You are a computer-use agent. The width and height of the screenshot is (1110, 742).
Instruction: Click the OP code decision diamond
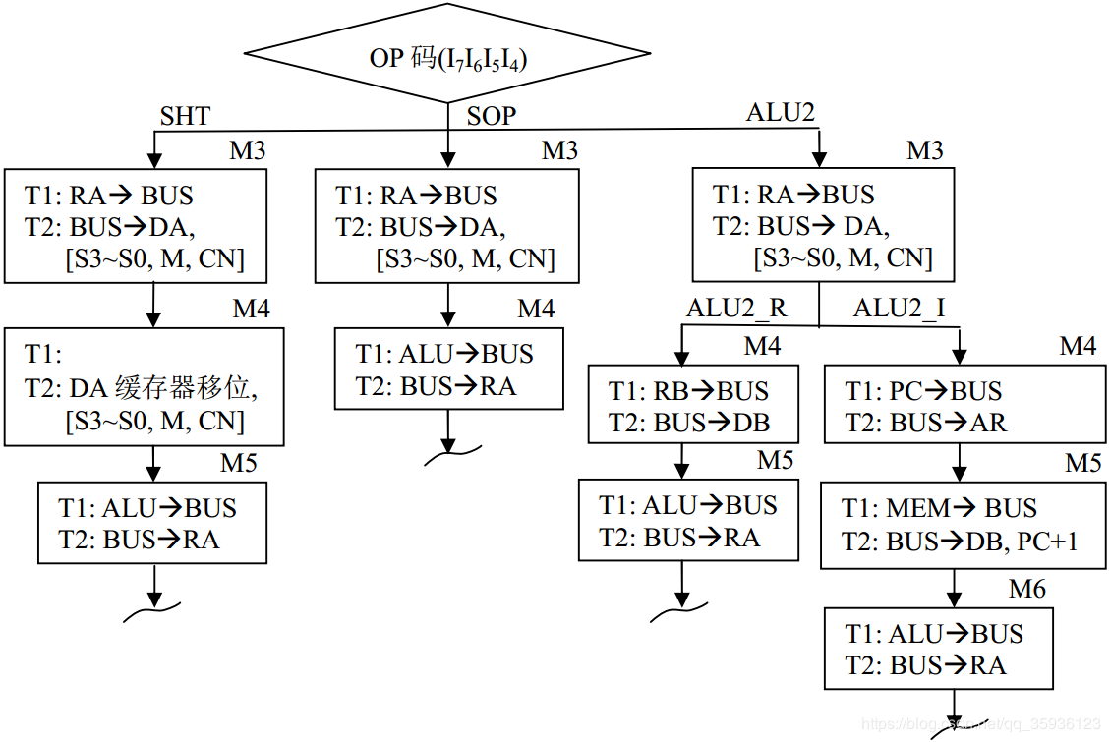pos(448,58)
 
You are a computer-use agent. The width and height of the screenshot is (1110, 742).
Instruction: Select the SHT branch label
pos(185,116)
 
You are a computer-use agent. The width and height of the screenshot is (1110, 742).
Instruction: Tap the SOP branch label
pos(491,116)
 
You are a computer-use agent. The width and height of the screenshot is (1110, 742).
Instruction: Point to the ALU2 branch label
pos(781,112)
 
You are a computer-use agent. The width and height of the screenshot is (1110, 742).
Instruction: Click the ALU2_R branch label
pos(736,308)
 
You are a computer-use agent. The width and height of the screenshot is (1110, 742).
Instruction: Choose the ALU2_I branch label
pos(900,308)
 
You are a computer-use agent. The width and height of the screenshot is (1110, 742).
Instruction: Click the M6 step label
pos(1027,589)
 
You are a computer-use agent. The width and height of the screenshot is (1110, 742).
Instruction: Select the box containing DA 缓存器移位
pos(145,386)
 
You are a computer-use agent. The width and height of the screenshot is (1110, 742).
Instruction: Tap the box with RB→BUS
pos(692,407)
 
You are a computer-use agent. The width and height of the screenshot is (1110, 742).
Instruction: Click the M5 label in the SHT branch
pos(238,462)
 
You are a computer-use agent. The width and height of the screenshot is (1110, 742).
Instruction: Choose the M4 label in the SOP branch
pos(537,309)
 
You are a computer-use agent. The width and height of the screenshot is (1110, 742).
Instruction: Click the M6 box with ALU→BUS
pos(938,649)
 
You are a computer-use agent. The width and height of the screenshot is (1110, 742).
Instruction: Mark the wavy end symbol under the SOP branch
pos(449,451)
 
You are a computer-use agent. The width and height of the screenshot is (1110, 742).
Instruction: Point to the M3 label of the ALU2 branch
pos(924,150)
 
